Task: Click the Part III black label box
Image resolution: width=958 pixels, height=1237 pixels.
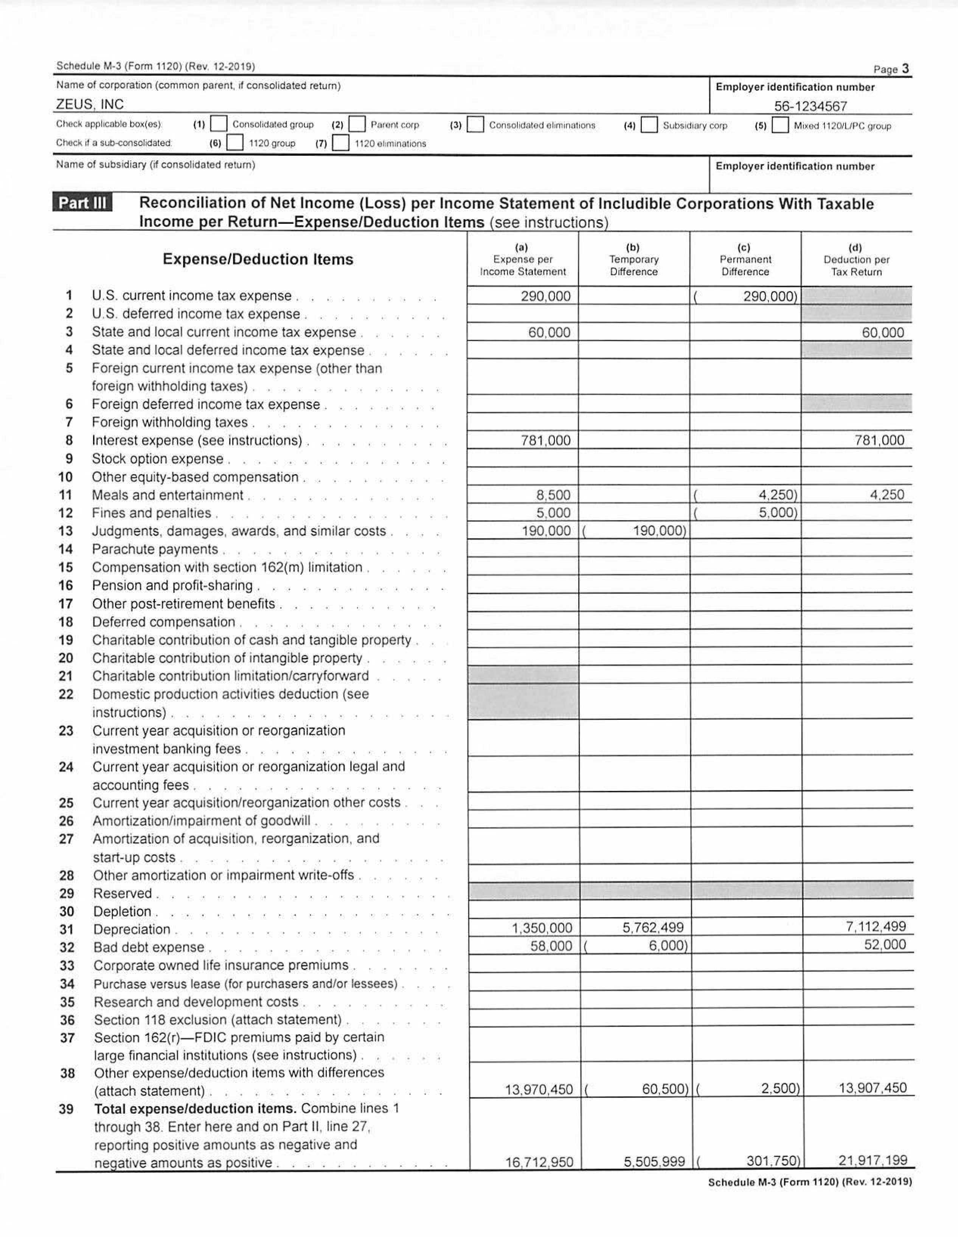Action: coord(82,203)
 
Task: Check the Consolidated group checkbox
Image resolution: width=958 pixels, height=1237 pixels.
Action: coord(219,124)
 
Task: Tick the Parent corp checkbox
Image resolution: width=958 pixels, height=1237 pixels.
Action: coord(357,124)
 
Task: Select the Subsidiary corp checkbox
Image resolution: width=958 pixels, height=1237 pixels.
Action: coord(649,125)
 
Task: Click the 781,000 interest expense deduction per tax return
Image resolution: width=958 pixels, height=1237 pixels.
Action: coord(879,440)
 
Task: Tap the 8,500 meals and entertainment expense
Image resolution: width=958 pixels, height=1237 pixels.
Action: coord(553,494)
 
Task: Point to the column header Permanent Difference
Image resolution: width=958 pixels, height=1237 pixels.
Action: coord(745,265)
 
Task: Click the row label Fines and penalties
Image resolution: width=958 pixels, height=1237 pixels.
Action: coord(151,513)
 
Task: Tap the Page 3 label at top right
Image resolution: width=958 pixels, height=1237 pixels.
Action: coord(891,69)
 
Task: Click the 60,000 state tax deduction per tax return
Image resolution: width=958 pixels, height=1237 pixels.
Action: coord(883,332)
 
